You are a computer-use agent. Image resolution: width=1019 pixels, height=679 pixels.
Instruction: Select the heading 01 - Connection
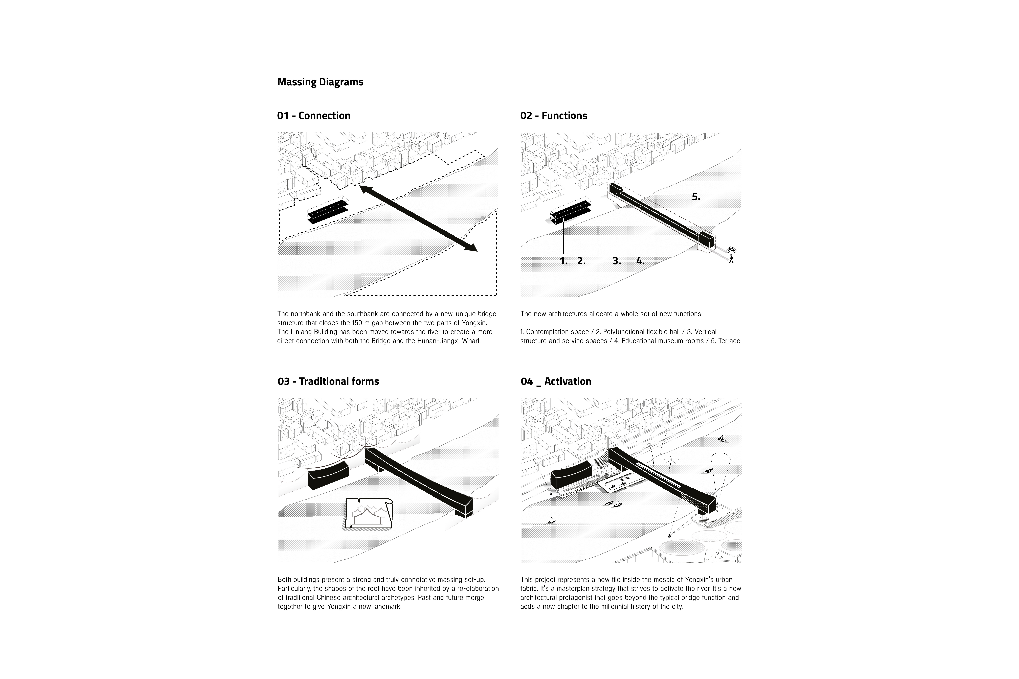click(x=314, y=116)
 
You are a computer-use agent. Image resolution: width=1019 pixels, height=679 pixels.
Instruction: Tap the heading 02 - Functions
click(x=553, y=116)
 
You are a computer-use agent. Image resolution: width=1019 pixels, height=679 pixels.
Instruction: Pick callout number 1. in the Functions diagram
click(x=563, y=261)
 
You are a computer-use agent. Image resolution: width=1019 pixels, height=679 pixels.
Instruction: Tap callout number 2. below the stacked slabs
click(x=581, y=261)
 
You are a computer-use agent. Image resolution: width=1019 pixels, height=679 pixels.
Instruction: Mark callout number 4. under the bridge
click(x=640, y=261)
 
